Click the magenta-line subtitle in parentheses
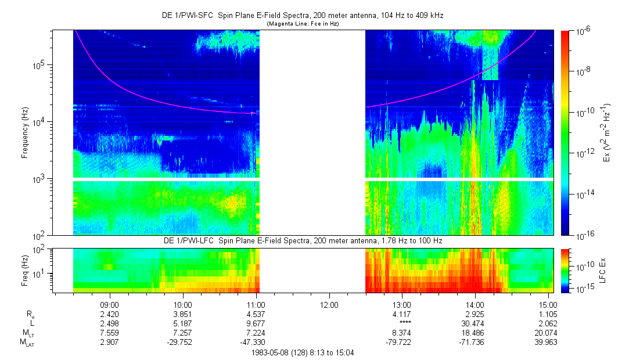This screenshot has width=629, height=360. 303,24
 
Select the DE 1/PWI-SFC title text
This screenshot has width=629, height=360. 303,16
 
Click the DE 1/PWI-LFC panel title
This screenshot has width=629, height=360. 303,240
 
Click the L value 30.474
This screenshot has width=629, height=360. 475,323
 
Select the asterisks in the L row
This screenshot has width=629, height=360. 402,323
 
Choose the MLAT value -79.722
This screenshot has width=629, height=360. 402,342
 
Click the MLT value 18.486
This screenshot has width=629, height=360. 475,333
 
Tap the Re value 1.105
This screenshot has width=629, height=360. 548,314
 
